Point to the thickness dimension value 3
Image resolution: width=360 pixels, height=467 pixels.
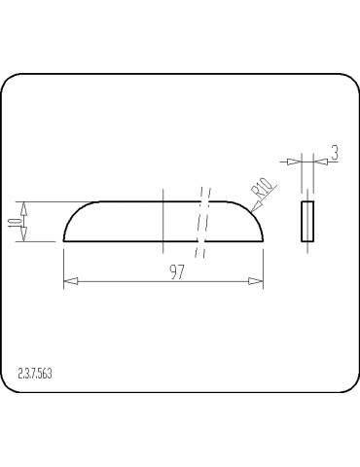pos(334,153)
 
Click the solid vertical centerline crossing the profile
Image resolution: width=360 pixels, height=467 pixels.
pos(163,219)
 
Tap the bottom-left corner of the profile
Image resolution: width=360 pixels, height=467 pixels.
pos(64,240)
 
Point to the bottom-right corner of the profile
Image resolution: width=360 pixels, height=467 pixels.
pos(263,240)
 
